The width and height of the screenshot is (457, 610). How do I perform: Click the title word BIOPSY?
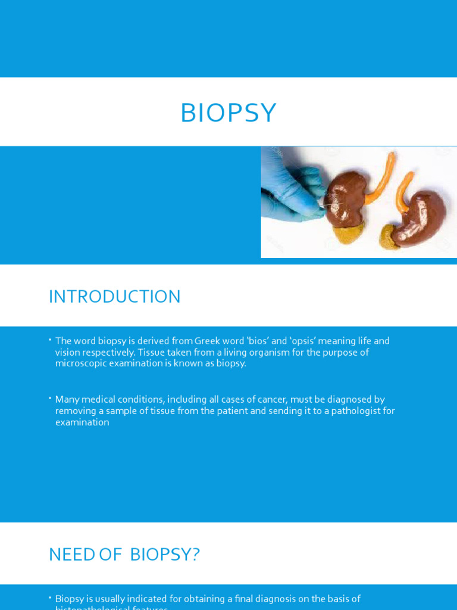click(228, 113)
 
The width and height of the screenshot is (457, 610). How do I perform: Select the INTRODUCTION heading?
click(114, 297)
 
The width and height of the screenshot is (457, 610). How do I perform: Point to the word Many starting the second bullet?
click(67, 400)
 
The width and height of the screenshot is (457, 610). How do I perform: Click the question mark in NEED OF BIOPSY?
click(196, 555)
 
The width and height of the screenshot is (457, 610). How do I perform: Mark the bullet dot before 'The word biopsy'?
click(51, 340)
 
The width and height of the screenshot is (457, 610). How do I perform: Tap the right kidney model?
click(420, 217)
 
